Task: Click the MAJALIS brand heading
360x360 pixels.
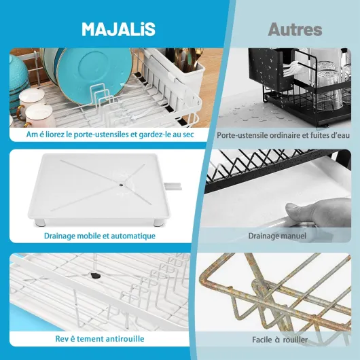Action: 118,29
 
